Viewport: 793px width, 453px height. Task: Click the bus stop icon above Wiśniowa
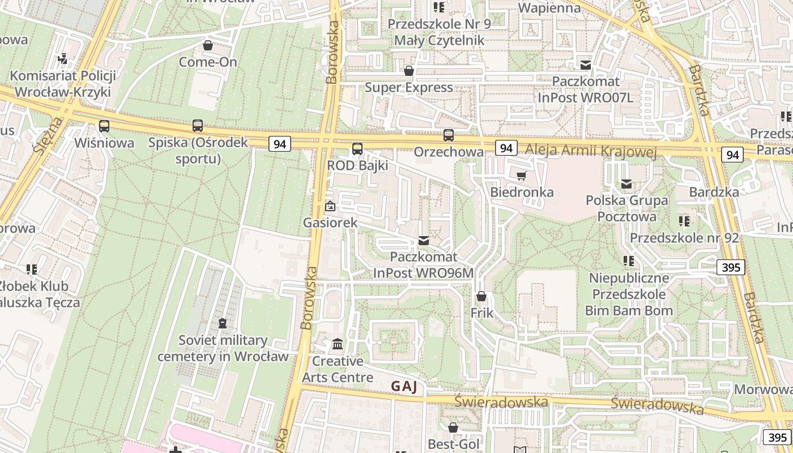[104, 126]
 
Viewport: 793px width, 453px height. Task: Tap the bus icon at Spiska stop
[197, 126]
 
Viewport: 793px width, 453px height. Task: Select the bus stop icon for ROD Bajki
[357, 149]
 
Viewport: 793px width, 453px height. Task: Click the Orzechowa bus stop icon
[449, 135]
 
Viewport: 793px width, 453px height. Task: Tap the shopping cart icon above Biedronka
[521, 176]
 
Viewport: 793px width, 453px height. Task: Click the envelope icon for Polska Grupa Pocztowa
[626, 184]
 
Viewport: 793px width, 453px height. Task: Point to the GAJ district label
[404, 387]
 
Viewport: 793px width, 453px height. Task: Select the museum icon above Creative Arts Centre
[338, 344]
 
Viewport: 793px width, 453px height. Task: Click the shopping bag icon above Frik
[481, 296]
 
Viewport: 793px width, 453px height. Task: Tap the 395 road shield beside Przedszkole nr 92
[730, 267]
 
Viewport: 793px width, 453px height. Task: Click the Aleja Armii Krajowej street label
[591, 151]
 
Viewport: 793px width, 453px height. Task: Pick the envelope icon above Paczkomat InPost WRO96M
[423, 241]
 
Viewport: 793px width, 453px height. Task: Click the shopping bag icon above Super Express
[408, 71]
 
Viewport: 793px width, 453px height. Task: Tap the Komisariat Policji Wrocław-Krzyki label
[62, 84]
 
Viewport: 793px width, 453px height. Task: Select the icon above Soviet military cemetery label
[223, 324]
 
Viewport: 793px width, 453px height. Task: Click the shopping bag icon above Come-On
[208, 45]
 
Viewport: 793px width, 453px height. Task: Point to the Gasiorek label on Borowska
[330, 223]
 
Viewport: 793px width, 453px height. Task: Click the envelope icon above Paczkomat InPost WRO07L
[586, 65]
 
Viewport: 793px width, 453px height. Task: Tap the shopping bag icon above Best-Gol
[453, 428]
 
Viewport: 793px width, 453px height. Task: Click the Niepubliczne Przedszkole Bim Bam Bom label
[629, 294]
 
